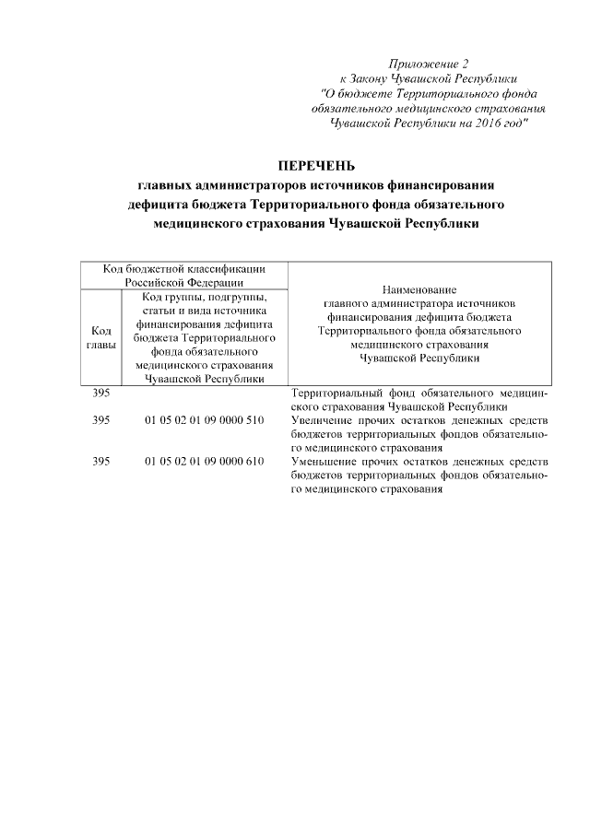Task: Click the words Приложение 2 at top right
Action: pos(429,64)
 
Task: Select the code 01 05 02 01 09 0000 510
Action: pos(205,420)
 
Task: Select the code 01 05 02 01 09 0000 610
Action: pos(205,462)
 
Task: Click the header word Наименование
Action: pos(419,289)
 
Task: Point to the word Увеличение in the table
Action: pos(321,420)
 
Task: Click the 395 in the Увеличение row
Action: pos(101,420)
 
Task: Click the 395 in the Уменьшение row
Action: pos(101,462)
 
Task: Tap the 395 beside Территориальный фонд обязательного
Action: pos(101,393)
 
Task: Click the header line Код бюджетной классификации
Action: pos(184,268)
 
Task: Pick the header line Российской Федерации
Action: pos(184,282)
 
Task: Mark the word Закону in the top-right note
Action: pos(374,78)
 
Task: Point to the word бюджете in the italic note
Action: pos(366,93)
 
